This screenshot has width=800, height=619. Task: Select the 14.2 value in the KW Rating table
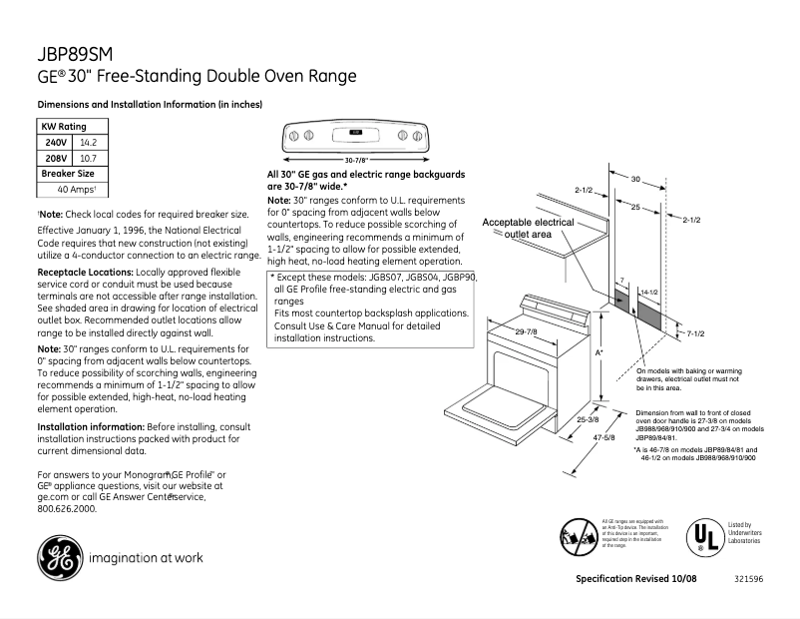(x=89, y=143)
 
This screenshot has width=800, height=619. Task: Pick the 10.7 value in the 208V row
(x=88, y=158)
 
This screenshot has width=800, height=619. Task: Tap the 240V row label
(x=56, y=143)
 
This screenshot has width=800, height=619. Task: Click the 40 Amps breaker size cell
(x=75, y=189)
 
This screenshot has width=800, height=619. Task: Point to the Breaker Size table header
(x=67, y=173)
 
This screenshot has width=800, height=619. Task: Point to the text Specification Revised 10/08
(x=636, y=579)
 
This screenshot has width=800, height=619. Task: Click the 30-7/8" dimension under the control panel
(x=356, y=160)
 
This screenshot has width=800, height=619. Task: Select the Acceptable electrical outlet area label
(x=528, y=228)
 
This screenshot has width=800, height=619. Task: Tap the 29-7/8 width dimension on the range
(x=526, y=331)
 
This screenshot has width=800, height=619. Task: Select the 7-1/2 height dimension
(x=695, y=332)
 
